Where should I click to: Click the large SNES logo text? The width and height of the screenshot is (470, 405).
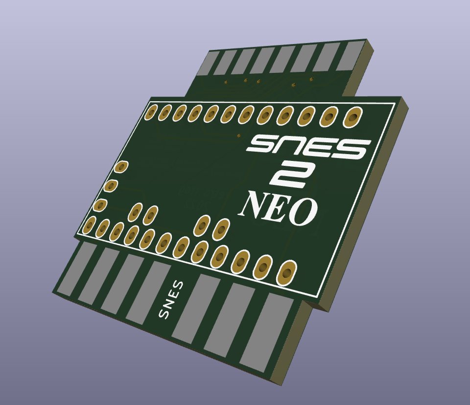pyautogui.click(x=308, y=147)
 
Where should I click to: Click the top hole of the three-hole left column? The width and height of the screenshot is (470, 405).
pyautogui.click(x=120, y=167)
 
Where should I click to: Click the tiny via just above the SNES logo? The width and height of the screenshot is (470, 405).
pyautogui.click(x=238, y=135)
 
